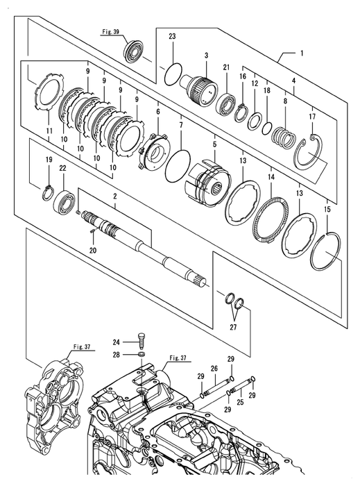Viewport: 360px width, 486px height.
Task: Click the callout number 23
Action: [172, 36]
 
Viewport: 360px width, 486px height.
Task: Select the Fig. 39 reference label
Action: [111, 32]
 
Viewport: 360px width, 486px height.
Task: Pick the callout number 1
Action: [302, 53]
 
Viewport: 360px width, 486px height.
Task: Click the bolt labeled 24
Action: [141, 342]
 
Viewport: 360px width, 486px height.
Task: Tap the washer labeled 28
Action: [142, 354]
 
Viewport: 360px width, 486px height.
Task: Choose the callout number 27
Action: [233, 327]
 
